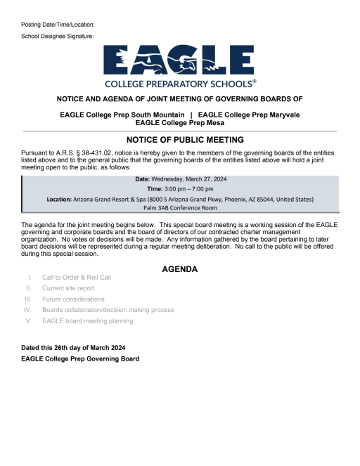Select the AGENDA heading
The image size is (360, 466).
tap(180, 269)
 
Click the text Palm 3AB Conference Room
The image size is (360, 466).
tap(180, 208)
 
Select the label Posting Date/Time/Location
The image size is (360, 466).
tap(58, 25)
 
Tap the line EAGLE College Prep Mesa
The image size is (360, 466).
tap(179, 123)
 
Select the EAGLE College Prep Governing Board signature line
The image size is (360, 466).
tap(80, 359)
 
